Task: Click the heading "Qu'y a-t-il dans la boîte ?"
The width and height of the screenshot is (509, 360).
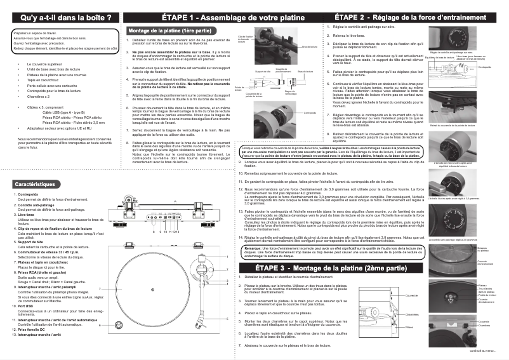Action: tap(60, 17)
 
